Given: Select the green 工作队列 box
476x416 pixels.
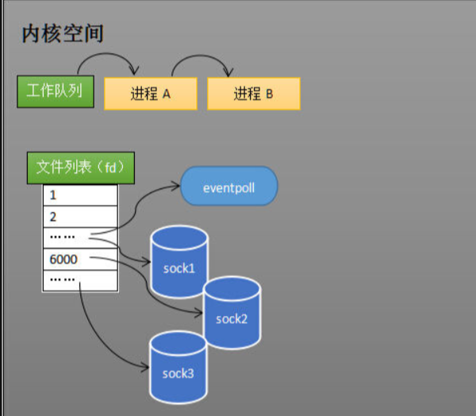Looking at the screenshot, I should point(55,91).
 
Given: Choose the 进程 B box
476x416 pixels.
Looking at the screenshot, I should point(254,94).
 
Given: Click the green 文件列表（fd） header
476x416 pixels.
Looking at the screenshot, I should point(82,168).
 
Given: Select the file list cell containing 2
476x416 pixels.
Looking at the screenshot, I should point(80,217).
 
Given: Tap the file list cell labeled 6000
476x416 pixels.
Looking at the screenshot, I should point(80,260).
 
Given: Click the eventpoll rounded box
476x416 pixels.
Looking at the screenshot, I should point(229,188).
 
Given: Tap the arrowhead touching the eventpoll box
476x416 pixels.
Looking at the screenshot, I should point(176,188).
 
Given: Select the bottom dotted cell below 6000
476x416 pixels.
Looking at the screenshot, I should point(80,280).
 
